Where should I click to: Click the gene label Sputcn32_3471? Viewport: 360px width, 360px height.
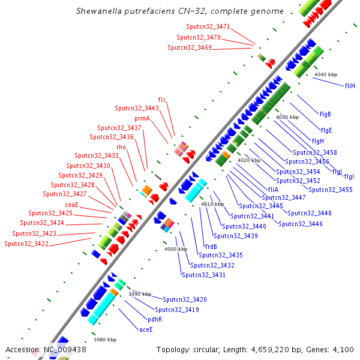(208, 27)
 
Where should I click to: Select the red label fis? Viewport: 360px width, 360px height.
(162, 100)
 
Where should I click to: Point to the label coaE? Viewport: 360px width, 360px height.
(72, 205)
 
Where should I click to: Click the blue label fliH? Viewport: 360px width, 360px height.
(350, 86)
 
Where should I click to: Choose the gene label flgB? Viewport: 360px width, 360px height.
(326, 114)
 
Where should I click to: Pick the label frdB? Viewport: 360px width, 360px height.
(211, 247)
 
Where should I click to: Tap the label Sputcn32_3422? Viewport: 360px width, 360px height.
(26, 244)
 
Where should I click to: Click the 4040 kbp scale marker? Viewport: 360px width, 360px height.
(326, 74)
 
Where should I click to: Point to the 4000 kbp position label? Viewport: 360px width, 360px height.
(176, 249)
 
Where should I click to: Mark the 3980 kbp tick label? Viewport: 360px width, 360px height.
(104, 340)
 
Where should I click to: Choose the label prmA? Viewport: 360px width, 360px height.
(142, 119)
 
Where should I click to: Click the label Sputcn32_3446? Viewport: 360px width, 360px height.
(300, 224)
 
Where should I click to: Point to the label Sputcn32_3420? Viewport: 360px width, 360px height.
(185, 299)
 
